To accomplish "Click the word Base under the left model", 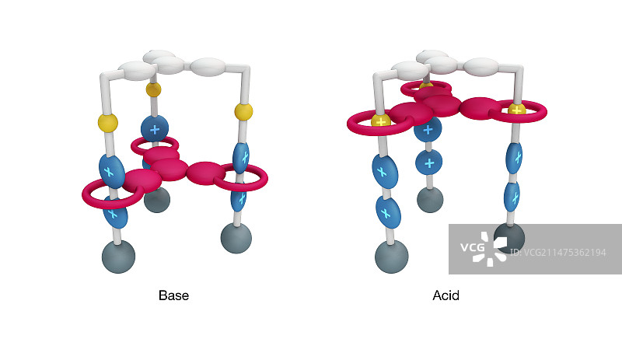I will click(x=173, y=295).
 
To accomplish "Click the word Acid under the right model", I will click(x=446, y=295).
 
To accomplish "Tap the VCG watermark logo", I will click(x=483, y=249).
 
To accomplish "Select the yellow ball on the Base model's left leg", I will click(x=108, y=122).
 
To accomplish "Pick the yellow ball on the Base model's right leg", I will click(x=243, y=111).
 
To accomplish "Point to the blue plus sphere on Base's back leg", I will click(x=155, y=128).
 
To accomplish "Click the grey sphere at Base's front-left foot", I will click(x=118, y=256).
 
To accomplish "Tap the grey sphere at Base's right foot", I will click(x=236, y=237).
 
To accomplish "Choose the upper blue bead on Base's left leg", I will click(x=112, y=170).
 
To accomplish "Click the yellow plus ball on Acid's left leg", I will click(x=380, y=121).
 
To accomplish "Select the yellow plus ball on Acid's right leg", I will click(x=516, y=110).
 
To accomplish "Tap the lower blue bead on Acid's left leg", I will click(x=388, y=210).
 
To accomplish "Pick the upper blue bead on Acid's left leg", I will click(x=382, y=168).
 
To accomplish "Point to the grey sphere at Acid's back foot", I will click(x=430, y=199).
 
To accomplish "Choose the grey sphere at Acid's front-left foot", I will click(x=391, y=257).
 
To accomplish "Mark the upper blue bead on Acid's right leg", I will click(x=513, y=157).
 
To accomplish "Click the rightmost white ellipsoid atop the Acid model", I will click(x=481, y=66).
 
